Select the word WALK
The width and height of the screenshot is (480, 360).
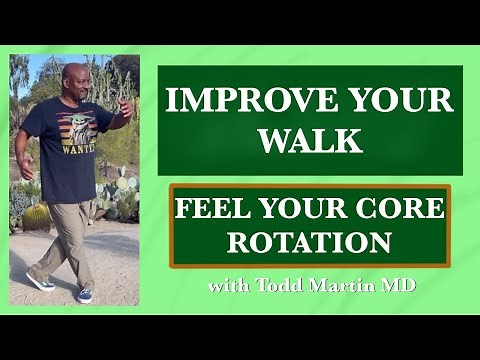pyautogui.click(x=310, y=140)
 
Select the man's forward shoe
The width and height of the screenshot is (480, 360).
pyautogui.click(x=84, y=295)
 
